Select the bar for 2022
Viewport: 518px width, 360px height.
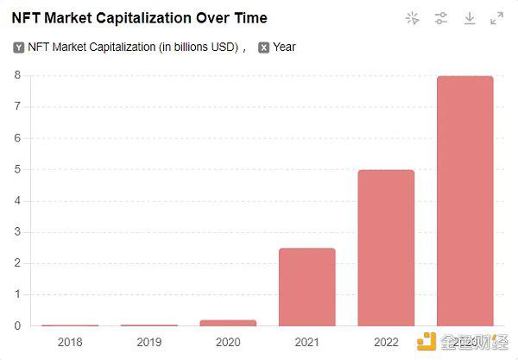pos(386,248)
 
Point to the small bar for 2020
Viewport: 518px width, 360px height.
pos(228,323)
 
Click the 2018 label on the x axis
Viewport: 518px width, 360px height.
pos(71,342)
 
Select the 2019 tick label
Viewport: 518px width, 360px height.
pos(149,342)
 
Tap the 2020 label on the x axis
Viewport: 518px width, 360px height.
pos(228,342)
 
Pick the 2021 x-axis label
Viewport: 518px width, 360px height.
pos(306,342)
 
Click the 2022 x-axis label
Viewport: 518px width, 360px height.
pos(386,342)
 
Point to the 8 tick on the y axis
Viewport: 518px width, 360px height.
pos(17,75)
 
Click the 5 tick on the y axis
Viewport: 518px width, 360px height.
pos(17,169)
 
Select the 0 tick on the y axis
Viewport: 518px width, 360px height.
pos(17,326)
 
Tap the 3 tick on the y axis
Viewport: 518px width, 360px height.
pos(17,232)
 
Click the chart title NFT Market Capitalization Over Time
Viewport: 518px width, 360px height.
pos(139,17)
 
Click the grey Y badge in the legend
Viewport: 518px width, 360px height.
pos(18,47)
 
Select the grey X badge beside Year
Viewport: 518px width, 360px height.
pos(263,47)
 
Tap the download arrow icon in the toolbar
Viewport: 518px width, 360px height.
pos(469,18)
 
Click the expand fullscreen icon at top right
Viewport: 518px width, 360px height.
pos(496,18)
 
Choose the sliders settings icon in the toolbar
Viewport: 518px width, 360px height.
pos(441,18)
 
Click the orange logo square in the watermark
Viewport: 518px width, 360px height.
pos(426,342)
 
